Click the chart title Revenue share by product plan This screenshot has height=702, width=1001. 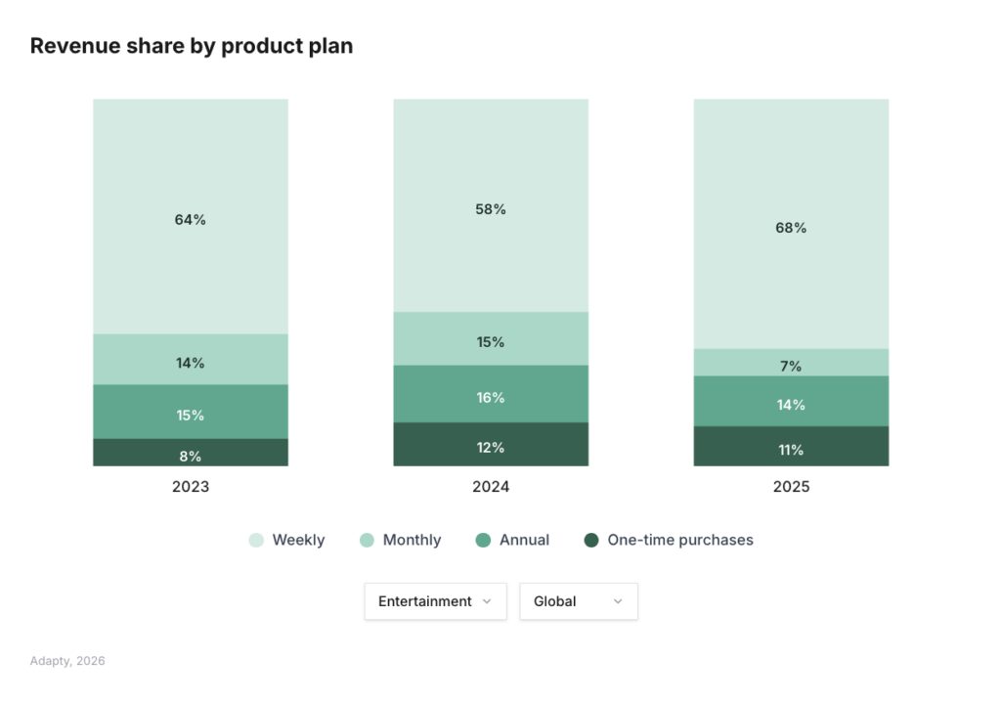click(192, 46)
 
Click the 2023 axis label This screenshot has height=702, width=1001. click(191, 487)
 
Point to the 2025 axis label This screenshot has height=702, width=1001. click(791, 487)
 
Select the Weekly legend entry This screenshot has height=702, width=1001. click(287, 540)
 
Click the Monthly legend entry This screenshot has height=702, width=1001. click(401, 540)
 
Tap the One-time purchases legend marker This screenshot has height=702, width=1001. click(590, 540)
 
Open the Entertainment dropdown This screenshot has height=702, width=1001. click(435, 601)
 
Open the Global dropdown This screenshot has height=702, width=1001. click(578, 601)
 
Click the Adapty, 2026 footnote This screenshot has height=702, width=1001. click(67, 661)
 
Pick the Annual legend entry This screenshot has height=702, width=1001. click(513, 540)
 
